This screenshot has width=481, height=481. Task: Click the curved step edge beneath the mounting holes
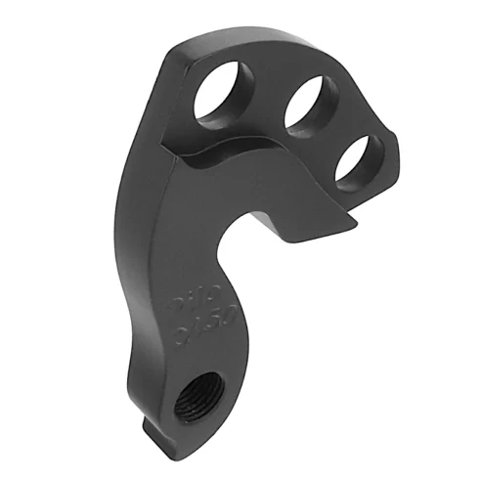click(225, 156)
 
